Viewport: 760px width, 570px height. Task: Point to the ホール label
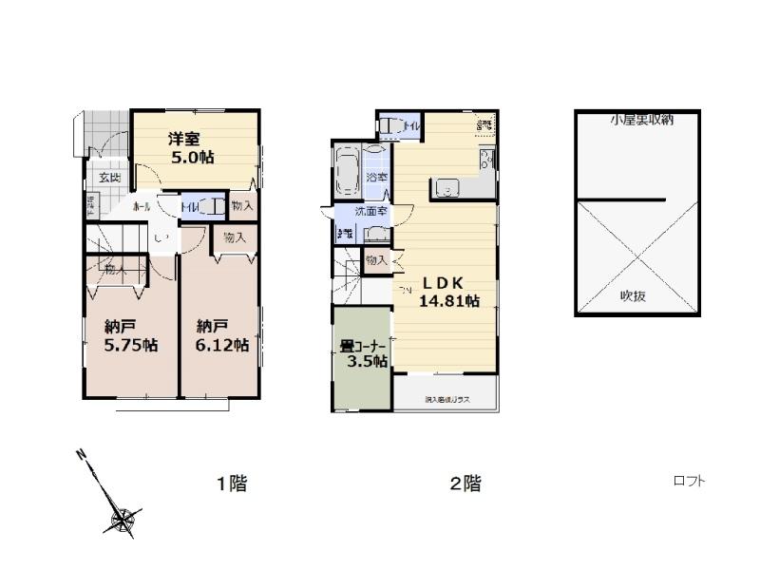coord(142,205)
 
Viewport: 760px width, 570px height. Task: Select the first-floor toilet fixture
coord(214,205)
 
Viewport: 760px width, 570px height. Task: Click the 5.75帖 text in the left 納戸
coord(131,346)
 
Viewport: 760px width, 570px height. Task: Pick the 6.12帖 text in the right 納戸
coord(222,346)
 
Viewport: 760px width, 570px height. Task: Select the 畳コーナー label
coord(361,346)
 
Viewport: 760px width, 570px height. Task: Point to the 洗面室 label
coord(370,211)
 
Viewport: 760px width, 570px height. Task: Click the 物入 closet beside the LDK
coord(376,259)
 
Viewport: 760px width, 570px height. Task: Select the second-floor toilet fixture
coord(391,126)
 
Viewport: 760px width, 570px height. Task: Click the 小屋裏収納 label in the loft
coord(641,120)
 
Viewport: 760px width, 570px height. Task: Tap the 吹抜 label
coord(634,295)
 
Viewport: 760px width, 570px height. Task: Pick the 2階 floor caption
coord(465,484)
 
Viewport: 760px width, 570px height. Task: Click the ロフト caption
coord(689,481)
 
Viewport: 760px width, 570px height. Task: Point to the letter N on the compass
coord(83,454)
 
